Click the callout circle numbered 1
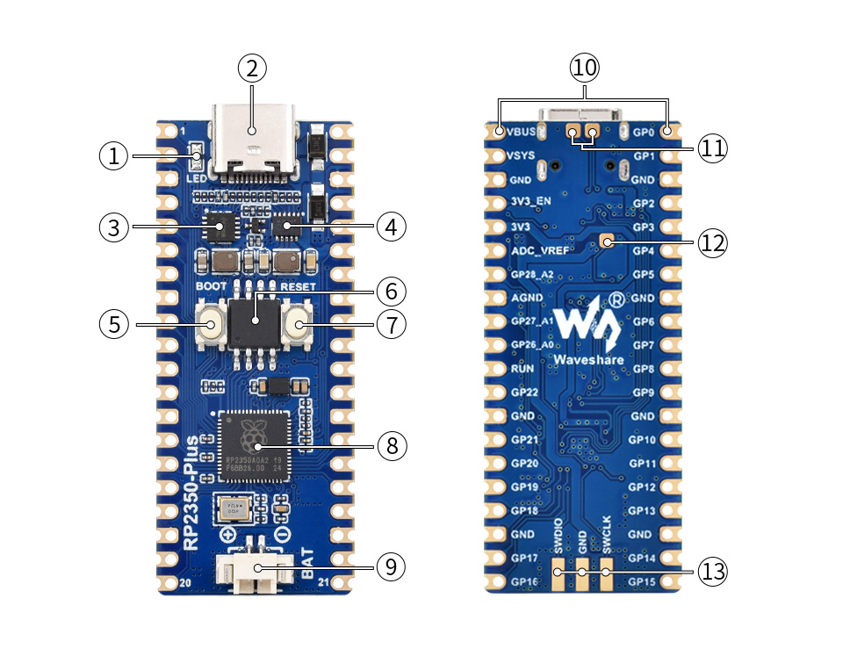click(112, 156)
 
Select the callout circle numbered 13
click(713, 572)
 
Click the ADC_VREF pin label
click(538, 250)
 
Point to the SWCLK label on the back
click(606, 543)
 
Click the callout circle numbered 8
click(391, 446)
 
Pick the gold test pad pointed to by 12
click(606, 241)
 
